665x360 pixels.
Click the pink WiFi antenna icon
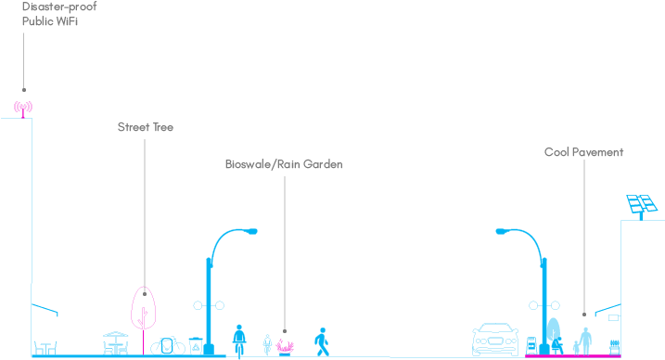tap(23, 107)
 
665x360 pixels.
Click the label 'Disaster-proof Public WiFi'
tap(59, 14)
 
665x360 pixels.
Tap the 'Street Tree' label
tap(145, 127)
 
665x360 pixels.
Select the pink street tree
tap(144, 308)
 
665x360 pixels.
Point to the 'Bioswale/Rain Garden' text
tap(284, 164)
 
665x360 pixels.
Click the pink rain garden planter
tap(286, 348)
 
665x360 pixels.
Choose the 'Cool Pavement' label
tap(583, 152)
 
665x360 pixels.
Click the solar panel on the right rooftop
tap(637, 204)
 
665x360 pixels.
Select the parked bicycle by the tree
tap(168, 345)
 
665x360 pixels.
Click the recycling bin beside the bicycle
tap(196, 345)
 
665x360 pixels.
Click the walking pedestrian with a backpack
tap(322, 341)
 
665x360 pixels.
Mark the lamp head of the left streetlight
tap(248, 231)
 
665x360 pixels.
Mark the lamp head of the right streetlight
tap(505, 231)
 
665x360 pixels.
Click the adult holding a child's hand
tap(585, 339)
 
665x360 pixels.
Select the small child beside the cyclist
tap(267, 343)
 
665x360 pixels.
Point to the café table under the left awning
tap(45, 347)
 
